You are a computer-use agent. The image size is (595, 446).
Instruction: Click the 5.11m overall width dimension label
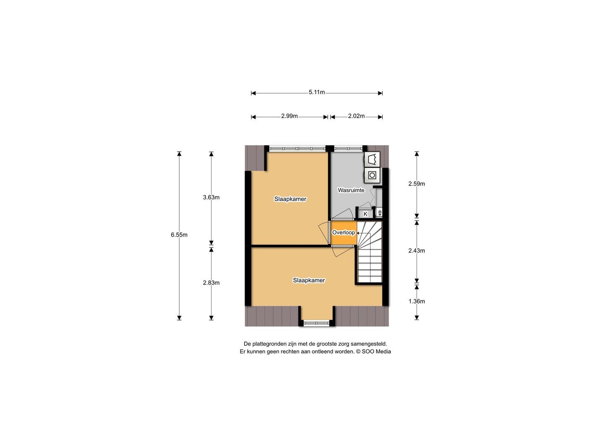click(317, 93)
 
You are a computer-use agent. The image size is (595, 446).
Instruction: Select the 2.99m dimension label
click(289, 116)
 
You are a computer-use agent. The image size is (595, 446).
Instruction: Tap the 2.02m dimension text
click(356, 116)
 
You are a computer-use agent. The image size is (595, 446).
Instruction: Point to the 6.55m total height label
click(179, 235)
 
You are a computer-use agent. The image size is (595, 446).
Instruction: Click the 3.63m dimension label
click(211, 197)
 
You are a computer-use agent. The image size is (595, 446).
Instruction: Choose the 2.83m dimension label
click(211, 283)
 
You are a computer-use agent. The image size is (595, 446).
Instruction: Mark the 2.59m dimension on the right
click(416, 184)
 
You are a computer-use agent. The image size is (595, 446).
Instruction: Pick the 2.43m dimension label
click(416, 251)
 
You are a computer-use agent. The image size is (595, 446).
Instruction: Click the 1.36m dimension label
click(416, 301)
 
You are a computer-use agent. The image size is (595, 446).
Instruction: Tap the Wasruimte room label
click(351, 190)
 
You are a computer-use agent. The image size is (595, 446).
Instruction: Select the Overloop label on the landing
click(343, 232)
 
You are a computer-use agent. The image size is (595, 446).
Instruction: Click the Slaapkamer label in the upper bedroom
click(290, 199)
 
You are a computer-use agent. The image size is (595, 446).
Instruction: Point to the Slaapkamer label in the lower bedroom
click(309, 280)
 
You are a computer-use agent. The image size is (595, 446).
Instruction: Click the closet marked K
click(365, 214)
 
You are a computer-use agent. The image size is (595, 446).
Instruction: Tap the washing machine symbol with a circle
click(372, 176)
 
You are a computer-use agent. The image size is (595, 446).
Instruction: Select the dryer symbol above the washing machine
click(372, 159)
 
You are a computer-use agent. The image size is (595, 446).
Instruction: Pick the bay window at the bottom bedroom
click(317, 323)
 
